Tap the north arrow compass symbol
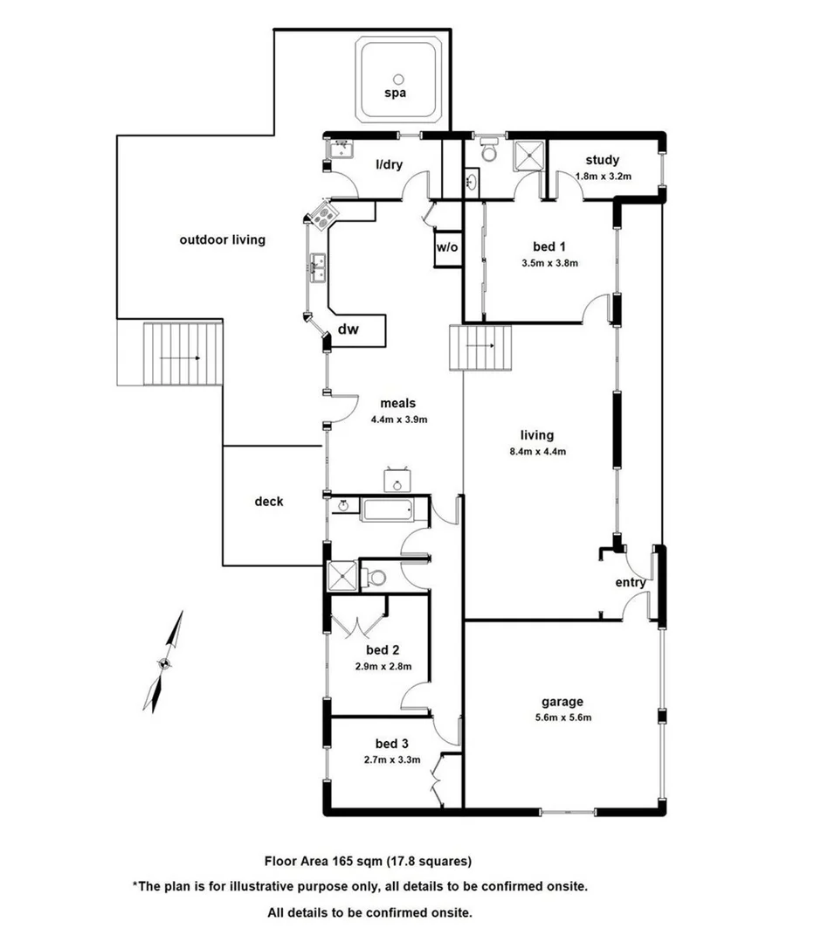[163, 662]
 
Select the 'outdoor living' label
[222, 239]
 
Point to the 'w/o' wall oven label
[446, 247]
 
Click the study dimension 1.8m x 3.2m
[603, 176]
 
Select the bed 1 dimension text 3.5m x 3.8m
[549, 262]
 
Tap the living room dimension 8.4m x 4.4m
[537, 452]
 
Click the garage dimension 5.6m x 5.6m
[562, 718]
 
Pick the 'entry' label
[631, 583]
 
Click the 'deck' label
[269, 502]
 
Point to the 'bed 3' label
[392, 744]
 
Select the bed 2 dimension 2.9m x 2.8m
[383, 667]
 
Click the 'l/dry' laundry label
[389, 164]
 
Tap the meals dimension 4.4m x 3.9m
[397, 419]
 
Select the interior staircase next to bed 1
[480, 347]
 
